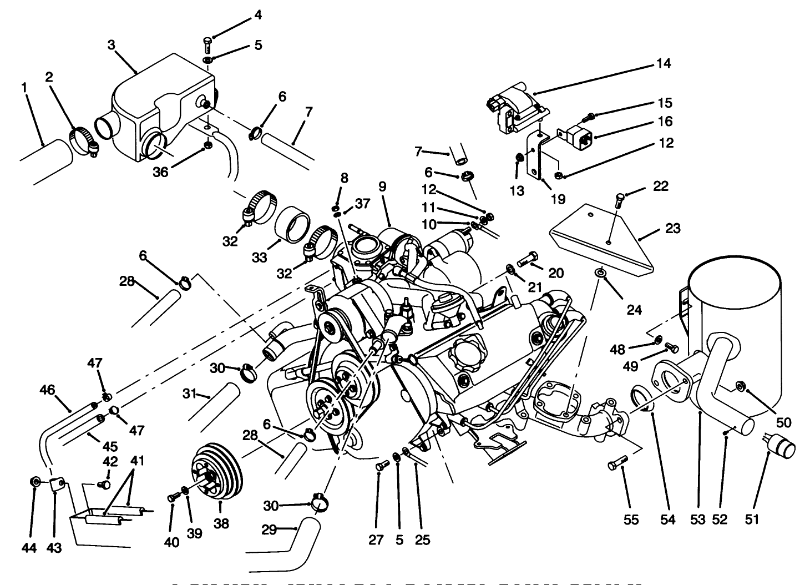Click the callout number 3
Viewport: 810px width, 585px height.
[x=111, y=45]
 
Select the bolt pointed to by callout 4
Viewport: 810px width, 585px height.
[x=207, y=43]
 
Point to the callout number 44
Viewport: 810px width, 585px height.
[x=29, y=548]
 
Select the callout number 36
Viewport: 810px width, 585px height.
[x=160, y=172]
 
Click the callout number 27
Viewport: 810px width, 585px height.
[x=376, y=539]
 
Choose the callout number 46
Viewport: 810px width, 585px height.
[x=48, y=390]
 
